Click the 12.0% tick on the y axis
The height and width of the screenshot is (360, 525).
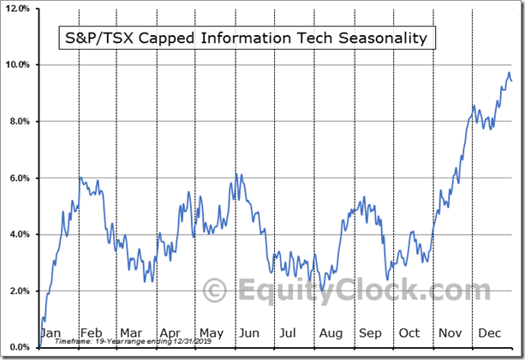pos(20,8)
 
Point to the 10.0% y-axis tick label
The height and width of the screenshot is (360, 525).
pos(20,65)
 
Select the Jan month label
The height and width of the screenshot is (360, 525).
pos(52,333)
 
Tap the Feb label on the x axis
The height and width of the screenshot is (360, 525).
pos(91,333)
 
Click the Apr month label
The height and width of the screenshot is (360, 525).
pos(170,333)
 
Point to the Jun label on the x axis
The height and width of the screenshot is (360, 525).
pos(250,333)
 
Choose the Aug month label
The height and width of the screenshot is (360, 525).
pos(330,333)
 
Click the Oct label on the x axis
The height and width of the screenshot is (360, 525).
pos(410,333)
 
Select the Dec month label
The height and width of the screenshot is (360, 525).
pos(490,333)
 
